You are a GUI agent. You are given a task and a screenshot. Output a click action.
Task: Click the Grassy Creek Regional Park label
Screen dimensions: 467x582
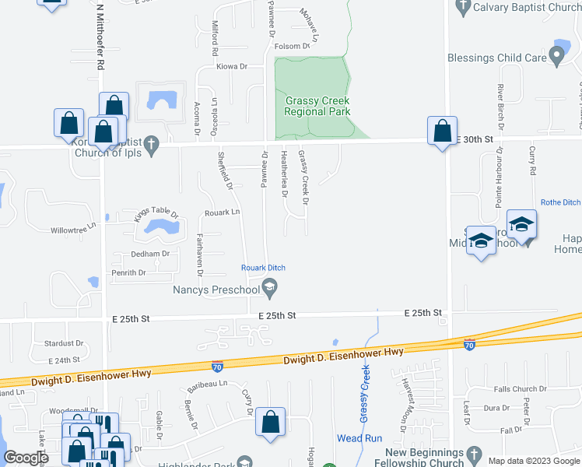pos(317,106)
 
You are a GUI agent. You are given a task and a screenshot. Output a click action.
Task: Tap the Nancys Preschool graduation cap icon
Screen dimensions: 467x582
pos(270,290)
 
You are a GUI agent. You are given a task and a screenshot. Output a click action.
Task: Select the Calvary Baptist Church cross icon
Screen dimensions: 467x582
pos(463,7)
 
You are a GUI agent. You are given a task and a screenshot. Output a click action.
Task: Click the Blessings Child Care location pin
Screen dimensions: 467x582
pos(556,56)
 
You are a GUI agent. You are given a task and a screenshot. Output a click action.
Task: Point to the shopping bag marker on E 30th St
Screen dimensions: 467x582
pos(442,132)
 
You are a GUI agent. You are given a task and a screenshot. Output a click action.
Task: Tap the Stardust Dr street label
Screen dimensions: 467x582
pos(64,342)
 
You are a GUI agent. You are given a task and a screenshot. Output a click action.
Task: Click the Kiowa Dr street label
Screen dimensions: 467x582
pos(232,67)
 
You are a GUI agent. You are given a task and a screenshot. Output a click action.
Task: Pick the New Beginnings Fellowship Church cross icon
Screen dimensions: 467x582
pos(472,453)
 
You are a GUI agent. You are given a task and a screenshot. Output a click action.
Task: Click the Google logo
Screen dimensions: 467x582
pos(26,458)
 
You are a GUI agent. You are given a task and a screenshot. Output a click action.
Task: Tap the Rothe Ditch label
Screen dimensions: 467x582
pos(561,202)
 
